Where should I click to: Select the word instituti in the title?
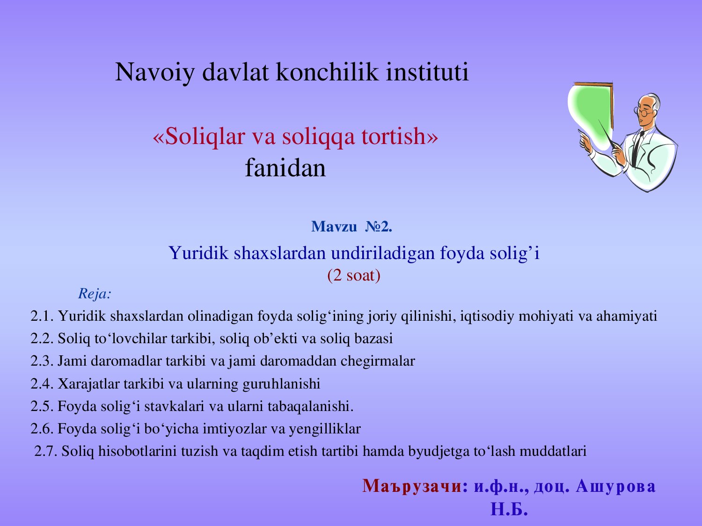tap(427, 72)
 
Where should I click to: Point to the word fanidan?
tap(285, 168)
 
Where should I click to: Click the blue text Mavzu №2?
tap(351, 227)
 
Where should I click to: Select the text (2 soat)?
tap(354, 275)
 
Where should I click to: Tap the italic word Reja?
tap(95, 294)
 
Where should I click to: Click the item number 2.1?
tap(42, 316)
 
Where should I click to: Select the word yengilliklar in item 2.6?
tap(325, 429)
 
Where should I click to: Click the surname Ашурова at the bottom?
tap(615, 486)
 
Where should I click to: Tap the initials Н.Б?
tap(509, 509)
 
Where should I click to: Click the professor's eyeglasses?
tap(643, 112)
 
